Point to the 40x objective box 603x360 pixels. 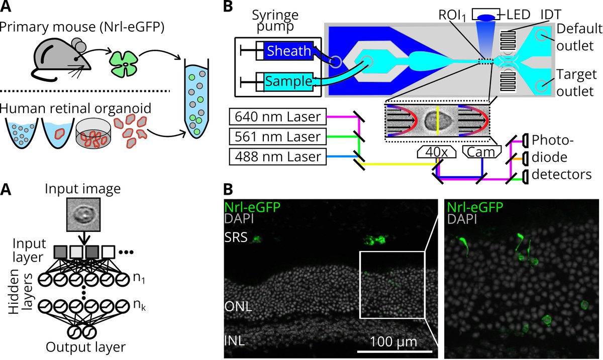pyautogui.click(x=436, y=151)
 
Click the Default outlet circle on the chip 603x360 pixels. pyautogui.click(x=541, y=35)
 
